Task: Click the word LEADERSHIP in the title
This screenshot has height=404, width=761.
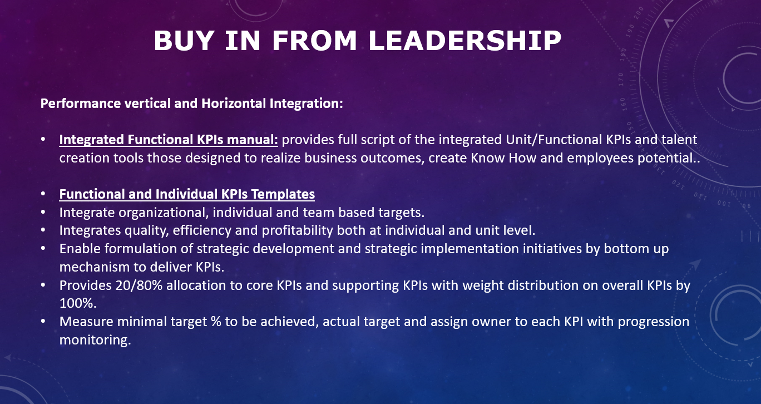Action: [464, 41]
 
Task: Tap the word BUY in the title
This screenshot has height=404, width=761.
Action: [184, 41]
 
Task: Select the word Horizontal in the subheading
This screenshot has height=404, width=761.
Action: [234, 104]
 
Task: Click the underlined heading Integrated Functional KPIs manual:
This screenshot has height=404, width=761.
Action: [169, 140]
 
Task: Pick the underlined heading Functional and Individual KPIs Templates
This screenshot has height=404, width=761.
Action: [187, 194]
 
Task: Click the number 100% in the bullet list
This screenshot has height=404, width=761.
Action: [78, 303]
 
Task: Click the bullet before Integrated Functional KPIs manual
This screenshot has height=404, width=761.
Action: [43, 140]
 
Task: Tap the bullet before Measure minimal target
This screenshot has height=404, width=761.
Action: [43, 322]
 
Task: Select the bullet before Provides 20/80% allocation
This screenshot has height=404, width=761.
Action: [43, 285]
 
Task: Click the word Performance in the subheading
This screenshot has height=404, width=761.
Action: [81, 104]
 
